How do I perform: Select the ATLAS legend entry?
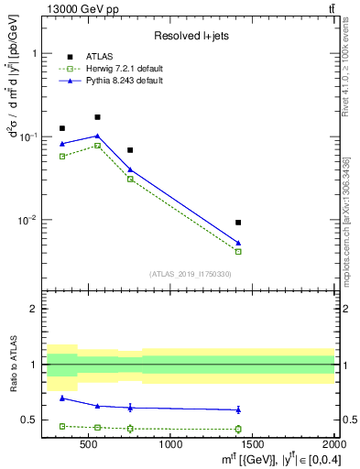point(99,56)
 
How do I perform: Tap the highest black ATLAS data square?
point(97,117)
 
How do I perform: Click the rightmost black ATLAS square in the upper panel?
point(238,223)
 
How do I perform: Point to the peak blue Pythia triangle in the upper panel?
point(97,136)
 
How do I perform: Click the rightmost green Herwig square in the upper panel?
point(238,251)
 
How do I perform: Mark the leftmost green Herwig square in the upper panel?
point(62,157)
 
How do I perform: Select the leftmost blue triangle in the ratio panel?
point(62,398)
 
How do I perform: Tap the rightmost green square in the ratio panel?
point(238,429)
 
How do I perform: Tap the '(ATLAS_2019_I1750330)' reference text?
point(191,273)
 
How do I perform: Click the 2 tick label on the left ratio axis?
point(35,309)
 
